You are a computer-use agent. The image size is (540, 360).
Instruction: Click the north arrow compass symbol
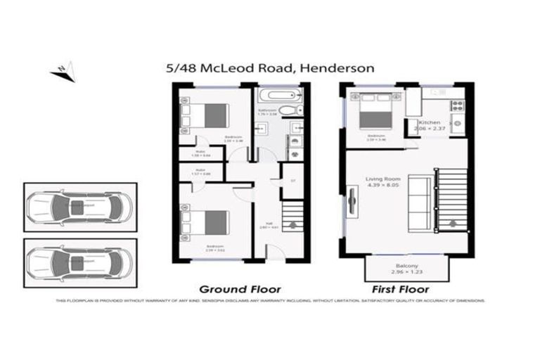(x=61, y=70)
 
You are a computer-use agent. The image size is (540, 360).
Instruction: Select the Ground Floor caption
(x=240, y=289)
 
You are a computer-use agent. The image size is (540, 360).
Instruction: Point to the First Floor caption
(x=401, y=289)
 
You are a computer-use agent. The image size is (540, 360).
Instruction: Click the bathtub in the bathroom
(x=281, y=96)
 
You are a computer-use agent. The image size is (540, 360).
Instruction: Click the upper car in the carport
(x=77, y=207)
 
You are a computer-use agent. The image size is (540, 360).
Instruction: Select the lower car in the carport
(x=77, y=262)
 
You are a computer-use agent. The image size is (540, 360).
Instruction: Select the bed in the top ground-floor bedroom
(x=207, y=112)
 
